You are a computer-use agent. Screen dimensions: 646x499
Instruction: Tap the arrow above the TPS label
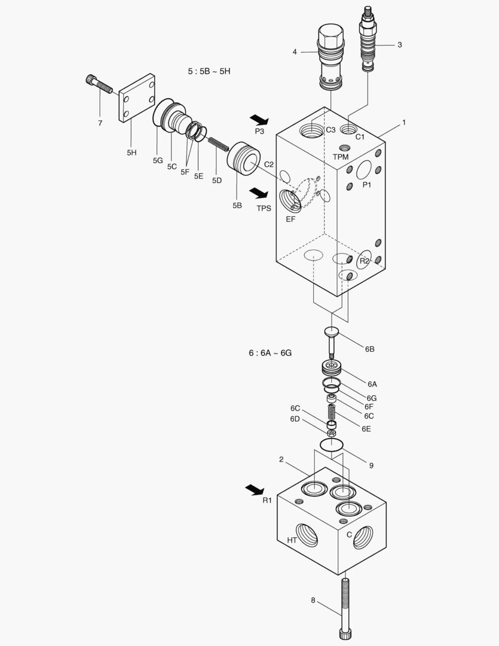[x=259, y=193]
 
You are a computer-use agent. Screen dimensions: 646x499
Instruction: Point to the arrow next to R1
[x=255, y=490]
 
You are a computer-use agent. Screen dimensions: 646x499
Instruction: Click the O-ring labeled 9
[x=332, y=444]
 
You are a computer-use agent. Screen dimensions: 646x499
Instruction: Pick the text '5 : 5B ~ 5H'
[x=209, y=71]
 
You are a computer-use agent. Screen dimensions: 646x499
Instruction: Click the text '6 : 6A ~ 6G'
[x=270, y=353]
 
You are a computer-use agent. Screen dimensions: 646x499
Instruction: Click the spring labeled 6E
[x=332, y=412]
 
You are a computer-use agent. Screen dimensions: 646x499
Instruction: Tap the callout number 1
[x=404, y=123]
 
